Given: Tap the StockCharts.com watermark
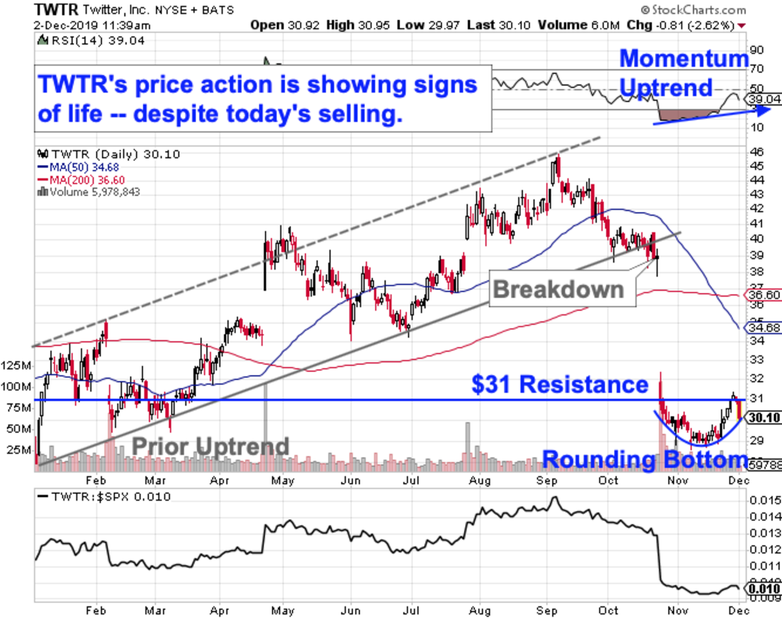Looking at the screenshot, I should [x=693, y=10].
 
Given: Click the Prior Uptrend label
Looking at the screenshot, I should [x=210, y=447].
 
